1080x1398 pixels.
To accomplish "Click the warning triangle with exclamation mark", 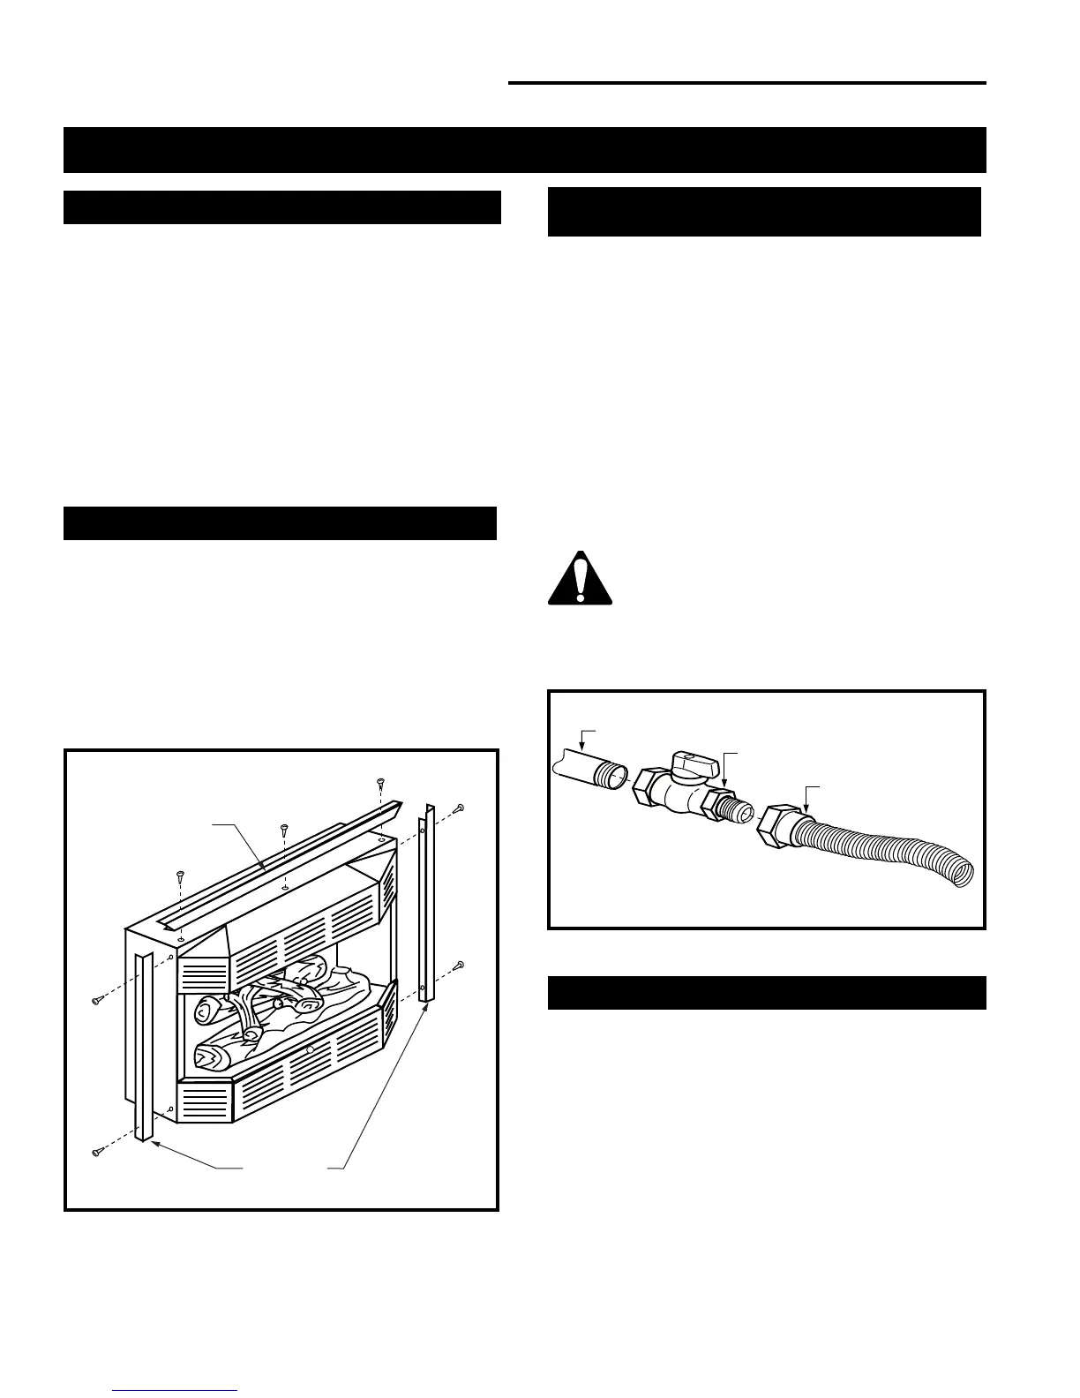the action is tap(580, 580).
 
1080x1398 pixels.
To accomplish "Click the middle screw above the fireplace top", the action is tap(284, 830).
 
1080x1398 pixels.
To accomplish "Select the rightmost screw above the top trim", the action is tap(380, 783).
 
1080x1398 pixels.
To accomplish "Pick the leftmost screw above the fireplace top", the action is tap(180, 876).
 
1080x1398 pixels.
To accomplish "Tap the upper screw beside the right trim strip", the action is tap(460, 808).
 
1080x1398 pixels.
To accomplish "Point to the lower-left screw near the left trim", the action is tap(97, 1152).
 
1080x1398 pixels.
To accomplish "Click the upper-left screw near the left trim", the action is tap(97, 1000).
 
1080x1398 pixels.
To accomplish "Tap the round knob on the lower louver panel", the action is tap(310, 1050).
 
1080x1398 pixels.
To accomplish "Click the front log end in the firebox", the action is tap(208, 1055).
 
